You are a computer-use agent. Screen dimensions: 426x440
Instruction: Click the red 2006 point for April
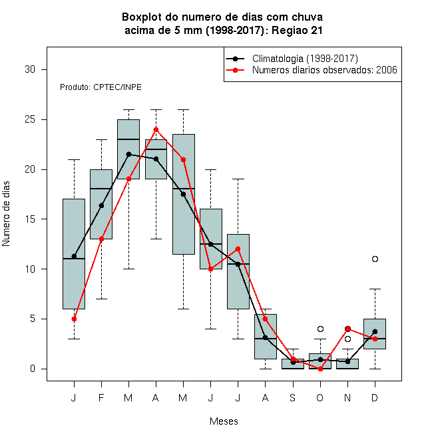(156, 129)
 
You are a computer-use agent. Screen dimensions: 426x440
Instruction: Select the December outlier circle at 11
(375, 259)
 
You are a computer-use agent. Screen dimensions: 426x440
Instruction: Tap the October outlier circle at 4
(320, 329)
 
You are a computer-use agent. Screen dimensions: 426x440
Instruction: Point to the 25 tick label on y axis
(30, 119)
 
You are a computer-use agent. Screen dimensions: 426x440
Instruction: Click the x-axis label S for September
(293, 398)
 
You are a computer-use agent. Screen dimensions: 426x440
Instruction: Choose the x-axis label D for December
(375, 398)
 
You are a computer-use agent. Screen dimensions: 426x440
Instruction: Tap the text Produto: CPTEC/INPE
(101, 87)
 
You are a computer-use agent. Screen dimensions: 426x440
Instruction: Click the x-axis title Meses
(224, 421)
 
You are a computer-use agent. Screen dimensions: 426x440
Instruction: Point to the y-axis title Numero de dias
(6, 214)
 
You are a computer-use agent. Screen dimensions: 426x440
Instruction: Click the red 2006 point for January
(74, 319)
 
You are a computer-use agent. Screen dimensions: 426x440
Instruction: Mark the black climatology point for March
(128, 155)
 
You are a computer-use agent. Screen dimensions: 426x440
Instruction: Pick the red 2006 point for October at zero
(320, 369)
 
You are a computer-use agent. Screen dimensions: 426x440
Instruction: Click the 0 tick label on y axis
(33, 369)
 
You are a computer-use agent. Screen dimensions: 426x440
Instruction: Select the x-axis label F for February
(101, 398)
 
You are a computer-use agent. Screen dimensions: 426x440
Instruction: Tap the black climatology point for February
(101, 206)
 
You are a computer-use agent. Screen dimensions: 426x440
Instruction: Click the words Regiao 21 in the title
(297, 30)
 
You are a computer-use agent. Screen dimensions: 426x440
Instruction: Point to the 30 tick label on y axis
(30, 69)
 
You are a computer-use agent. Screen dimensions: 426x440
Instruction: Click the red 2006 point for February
(101, 239)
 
